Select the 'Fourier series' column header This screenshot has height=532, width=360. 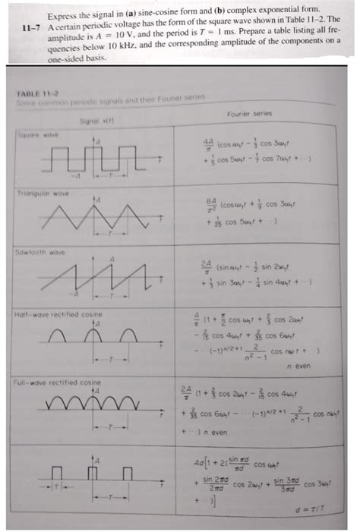[248, 114]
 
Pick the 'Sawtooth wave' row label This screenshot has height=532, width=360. [35, 250]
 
